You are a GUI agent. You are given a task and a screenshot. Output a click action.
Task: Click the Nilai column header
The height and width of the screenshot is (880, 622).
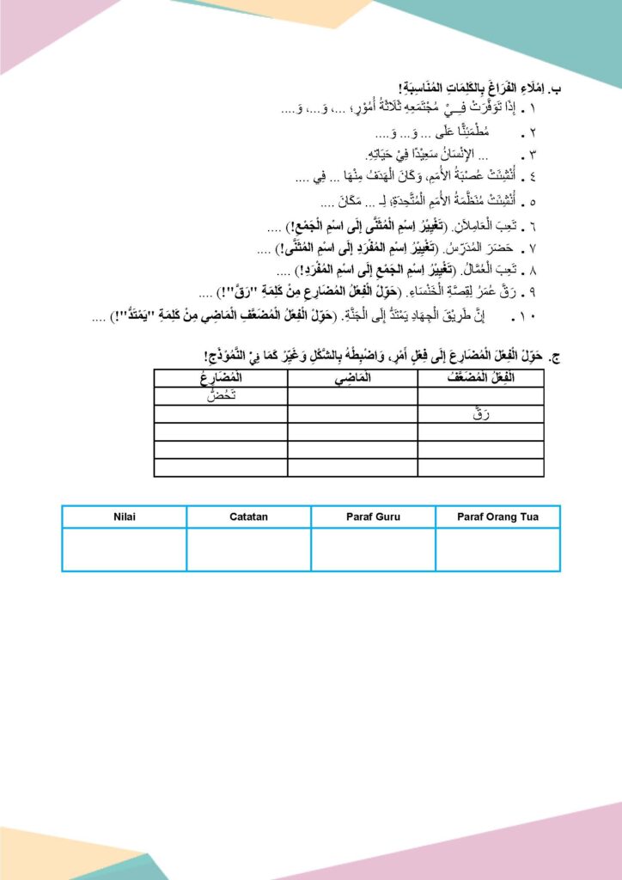click(x=124, y=516)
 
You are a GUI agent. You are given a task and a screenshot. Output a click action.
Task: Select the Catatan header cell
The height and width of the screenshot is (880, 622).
click(x=249, y=516)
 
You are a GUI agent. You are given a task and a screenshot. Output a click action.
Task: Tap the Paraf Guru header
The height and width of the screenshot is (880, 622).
click(x=373, y=516)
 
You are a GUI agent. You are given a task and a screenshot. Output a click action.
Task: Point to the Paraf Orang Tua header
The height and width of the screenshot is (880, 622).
click(x=497, y=516)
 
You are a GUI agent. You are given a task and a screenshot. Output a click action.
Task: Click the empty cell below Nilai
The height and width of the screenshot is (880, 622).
click(x=124, y=549)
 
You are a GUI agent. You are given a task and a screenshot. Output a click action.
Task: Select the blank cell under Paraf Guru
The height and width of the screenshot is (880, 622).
click(x=373, y=549)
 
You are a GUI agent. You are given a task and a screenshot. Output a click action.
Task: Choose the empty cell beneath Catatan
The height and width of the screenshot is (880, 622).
click(x=249, y=549)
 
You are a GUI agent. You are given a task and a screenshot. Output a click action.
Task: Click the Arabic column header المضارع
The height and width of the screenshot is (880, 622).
click(x=220, y=378)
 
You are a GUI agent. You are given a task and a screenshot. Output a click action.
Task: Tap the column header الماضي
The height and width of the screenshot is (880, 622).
click(x=352, y=378)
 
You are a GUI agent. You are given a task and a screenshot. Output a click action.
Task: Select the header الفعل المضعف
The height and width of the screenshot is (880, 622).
click(x=480, y=378)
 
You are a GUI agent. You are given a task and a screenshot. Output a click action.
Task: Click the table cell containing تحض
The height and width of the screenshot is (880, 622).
click(x=220, y=395)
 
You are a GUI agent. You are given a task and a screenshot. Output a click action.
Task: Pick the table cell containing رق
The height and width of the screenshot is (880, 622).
click(x=480, y=413)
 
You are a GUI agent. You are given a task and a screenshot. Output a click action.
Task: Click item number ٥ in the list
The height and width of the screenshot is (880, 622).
click(x=533, y=203)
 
